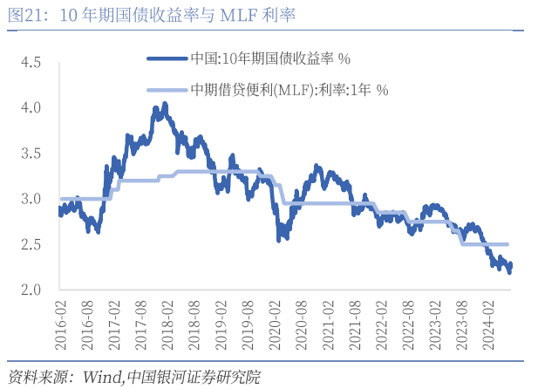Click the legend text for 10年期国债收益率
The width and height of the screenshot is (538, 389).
click(270, 59)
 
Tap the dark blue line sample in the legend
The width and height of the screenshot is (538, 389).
click(167, 59)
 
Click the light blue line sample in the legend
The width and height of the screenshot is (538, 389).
click(167, 89)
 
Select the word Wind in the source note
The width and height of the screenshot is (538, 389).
click(102, 377)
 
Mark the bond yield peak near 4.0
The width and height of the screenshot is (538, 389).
click(164, 106)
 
